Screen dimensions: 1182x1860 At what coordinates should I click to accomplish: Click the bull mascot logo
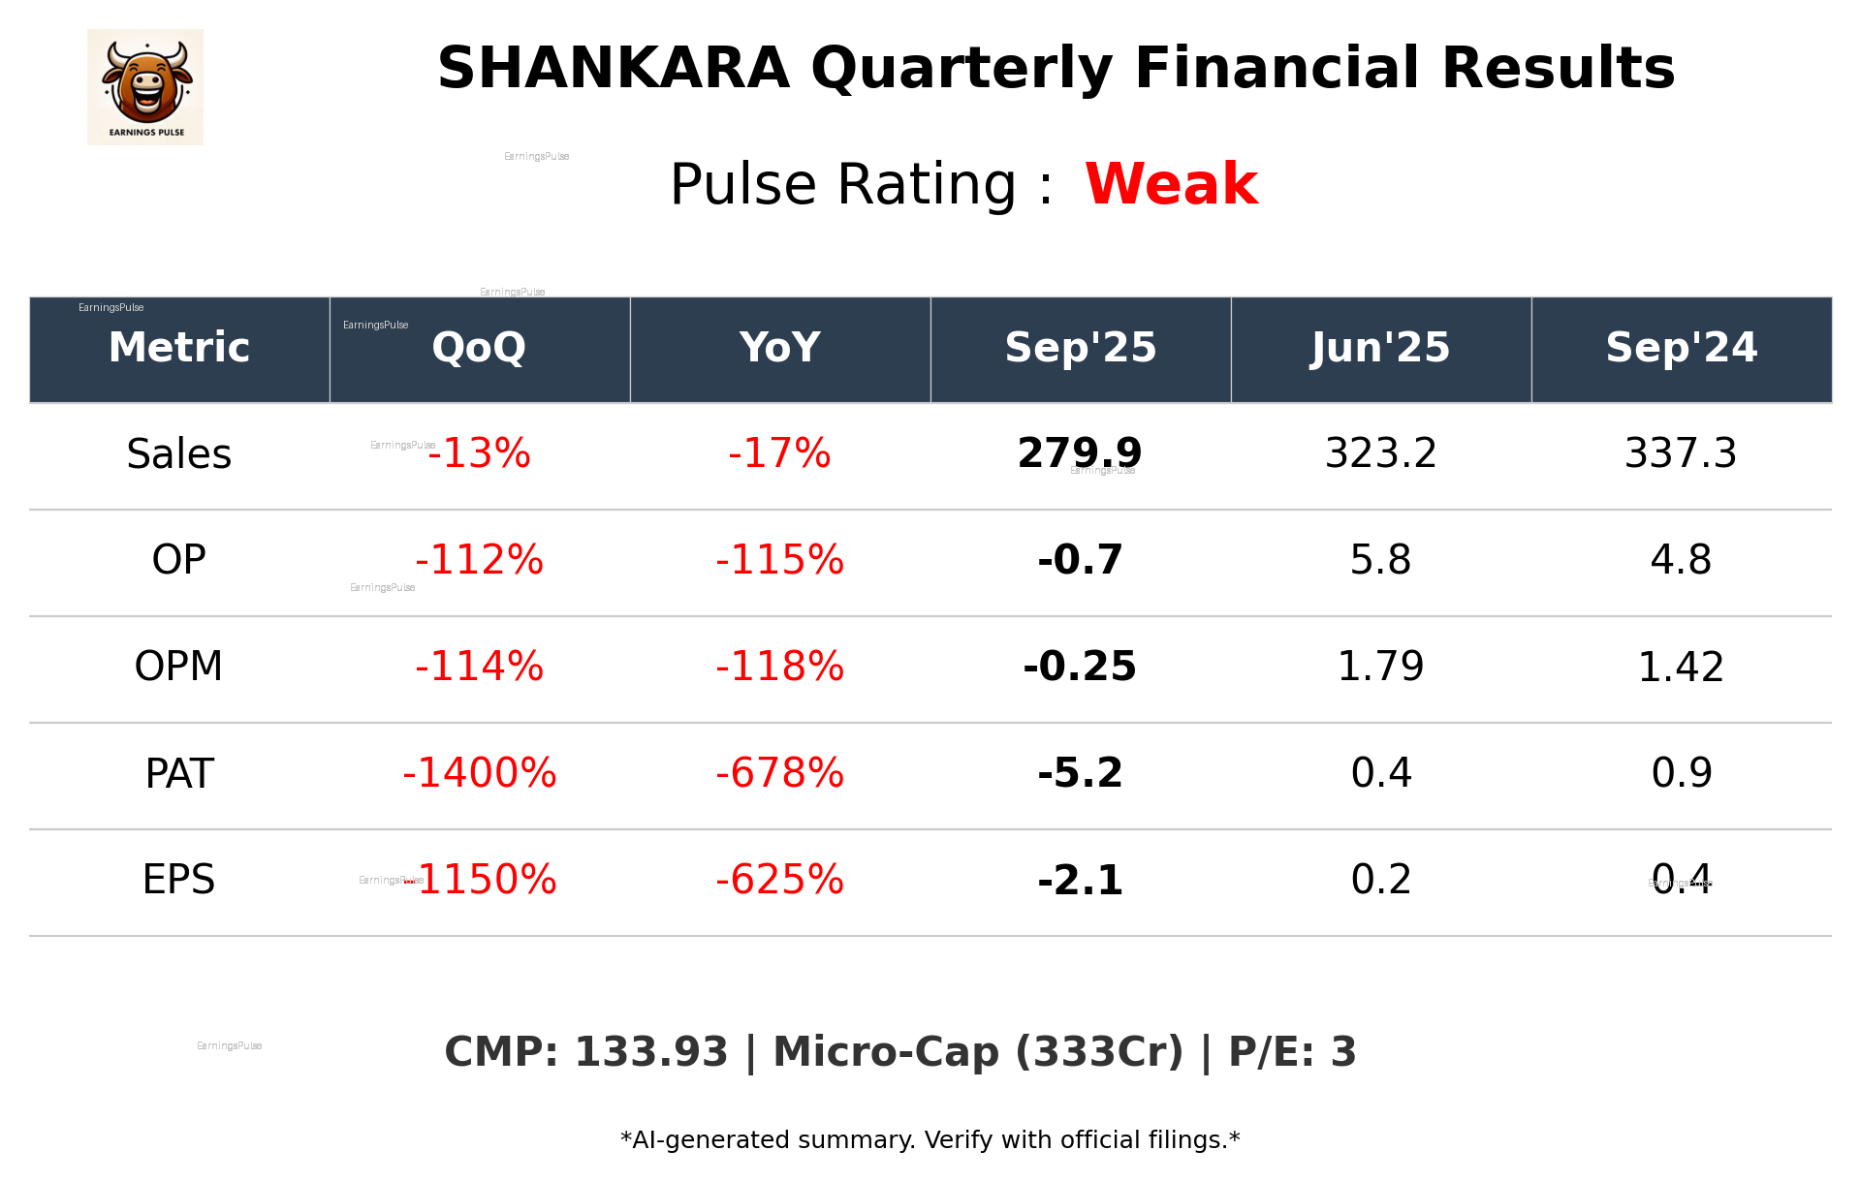click(145, 86)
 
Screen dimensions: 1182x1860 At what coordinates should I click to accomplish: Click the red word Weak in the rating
click(1171, 184)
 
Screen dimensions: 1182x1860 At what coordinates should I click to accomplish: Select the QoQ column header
click(479, 348)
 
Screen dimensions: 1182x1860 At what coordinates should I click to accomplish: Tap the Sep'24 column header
click(1681, 348)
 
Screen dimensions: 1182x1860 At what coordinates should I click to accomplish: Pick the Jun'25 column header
click(1380, 348)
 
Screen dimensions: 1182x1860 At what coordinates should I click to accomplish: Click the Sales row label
click(179, 454)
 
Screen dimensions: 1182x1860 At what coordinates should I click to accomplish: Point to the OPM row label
click(179, 667)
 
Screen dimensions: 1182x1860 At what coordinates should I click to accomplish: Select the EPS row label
click(179, 880)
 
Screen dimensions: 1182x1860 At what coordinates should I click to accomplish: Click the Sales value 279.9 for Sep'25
click(1080, 453)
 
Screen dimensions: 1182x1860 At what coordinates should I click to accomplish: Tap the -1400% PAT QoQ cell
click(479, 773)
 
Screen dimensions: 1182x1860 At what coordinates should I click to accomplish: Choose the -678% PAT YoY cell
click(779, 773)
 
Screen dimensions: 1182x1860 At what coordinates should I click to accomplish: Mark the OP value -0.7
click(1080, 560)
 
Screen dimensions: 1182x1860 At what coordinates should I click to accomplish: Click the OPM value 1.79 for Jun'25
click(1380, 667)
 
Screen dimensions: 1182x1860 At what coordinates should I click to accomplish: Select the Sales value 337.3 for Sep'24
click(1681, 453)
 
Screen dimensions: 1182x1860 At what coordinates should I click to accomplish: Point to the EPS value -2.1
click(1080, 880)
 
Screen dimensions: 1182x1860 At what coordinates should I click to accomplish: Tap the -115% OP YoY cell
click(779, 560)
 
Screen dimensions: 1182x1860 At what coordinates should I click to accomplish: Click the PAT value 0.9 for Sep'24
click(1681, 773)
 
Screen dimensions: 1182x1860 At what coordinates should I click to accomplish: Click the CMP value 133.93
click(650, 1052)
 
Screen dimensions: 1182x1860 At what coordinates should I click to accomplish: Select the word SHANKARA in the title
click(613, 69)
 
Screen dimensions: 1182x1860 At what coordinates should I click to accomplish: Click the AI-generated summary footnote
click(930, 1140)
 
